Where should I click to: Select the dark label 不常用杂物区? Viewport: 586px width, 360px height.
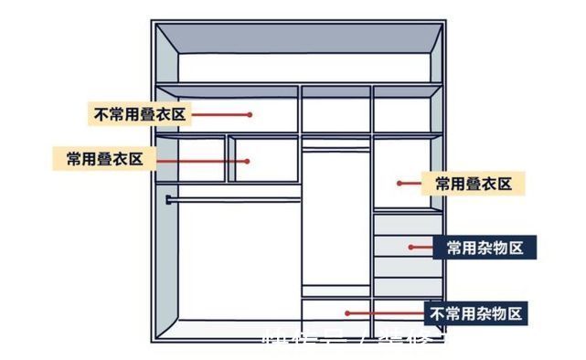coord(476,313)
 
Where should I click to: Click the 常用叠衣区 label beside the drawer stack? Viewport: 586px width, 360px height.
coord(472,184)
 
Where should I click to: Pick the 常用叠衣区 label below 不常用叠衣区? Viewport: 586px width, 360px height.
coord(104,159)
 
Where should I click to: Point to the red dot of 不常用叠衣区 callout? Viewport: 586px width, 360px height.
coord(249,114)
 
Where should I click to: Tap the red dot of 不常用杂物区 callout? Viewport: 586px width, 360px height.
coord(346,312)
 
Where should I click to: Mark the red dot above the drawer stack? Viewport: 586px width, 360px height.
coord(400,184)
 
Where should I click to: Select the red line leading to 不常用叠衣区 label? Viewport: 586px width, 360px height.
coord(219,114)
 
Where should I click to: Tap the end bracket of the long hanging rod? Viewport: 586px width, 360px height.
coord(168,198)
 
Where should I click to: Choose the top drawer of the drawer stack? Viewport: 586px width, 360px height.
coord(408,224)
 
